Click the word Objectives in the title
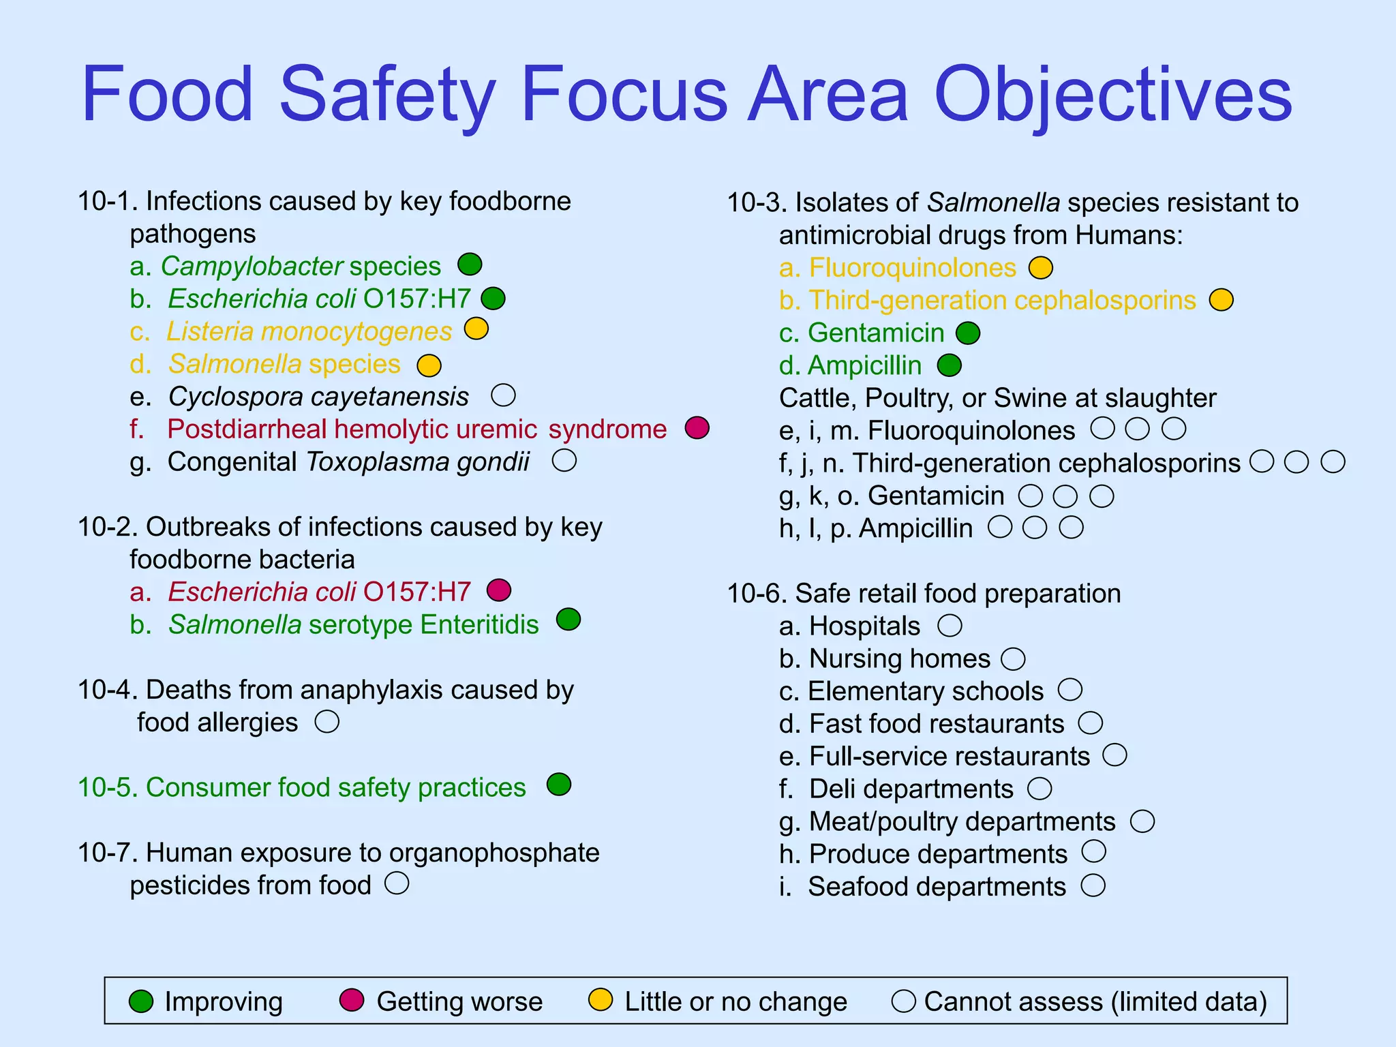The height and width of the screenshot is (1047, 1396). (x=1112, y=95)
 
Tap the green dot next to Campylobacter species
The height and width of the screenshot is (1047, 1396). (x=470, y=264)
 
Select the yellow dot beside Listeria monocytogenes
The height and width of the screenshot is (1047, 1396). (x=476, y=329)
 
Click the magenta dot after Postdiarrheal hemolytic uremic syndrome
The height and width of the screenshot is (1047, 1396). (x=697, y=427)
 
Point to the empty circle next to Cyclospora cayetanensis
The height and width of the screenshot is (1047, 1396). (x=504, y=395)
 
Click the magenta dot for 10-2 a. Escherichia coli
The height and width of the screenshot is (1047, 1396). (x=499, y=590)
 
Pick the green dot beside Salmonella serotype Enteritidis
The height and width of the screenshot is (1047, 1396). (x=568, y=620)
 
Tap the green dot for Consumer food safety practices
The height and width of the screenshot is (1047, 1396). (x=559, y=785)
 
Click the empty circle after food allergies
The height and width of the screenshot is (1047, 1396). (x=327, y=721)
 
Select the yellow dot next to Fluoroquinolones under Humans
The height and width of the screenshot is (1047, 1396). (x=1041, y=268)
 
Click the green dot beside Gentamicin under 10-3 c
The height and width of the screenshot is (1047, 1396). (x=968, y=333)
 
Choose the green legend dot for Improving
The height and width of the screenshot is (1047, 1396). (x=141, y=1001)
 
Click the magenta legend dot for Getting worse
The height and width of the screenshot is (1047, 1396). (x=352, y=1000)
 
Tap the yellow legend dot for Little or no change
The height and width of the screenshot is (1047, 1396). (x=601, y=1000)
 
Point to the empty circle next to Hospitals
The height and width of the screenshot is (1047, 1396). (x=950, y=625)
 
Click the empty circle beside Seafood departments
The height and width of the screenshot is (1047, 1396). (x=1093, y=885)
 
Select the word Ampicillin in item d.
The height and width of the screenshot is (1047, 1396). (x=864, y=366)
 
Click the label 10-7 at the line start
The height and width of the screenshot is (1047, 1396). (x=108, y=853)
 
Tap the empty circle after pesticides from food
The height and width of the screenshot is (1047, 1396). (x=397, y=883)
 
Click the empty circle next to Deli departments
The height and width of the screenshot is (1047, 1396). (x=1040, y=789)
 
